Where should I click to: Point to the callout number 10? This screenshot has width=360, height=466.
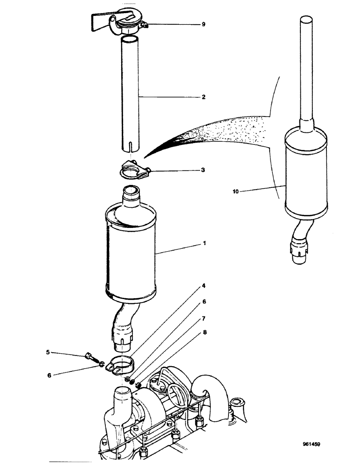tap(236, 190)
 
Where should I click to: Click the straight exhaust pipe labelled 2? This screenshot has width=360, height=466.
tap(131, 93)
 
